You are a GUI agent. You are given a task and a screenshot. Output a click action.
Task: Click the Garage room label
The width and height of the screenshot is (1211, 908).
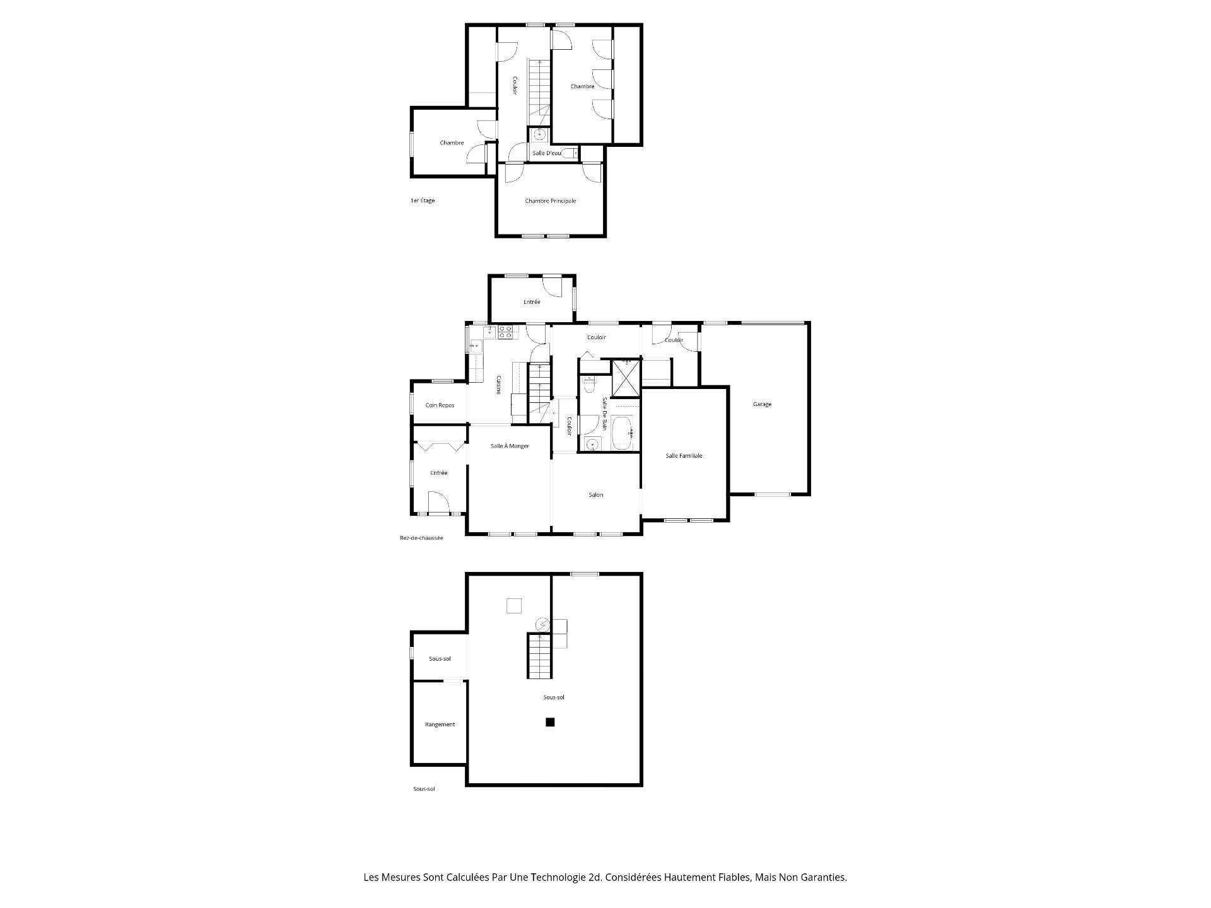pyautogui.click(x=762, y=404)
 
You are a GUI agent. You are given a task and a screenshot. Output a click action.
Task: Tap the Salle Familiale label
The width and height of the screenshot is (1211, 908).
pyautogui.click(x=684, y=455)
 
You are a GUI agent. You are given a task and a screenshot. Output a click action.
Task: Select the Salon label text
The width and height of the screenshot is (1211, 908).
pyautogui.click(x=596, y=495)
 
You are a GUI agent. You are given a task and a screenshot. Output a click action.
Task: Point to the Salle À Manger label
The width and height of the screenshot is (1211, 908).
pyautogui.click(x=510, y=446)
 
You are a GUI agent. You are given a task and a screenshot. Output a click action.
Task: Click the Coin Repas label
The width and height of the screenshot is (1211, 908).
pyautogui.click(x=440, y=405)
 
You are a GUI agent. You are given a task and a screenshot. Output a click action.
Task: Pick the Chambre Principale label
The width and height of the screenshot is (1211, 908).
pyautogui.click(x=551, y=201)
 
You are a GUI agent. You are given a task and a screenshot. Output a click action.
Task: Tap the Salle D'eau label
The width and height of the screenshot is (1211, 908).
pyautogui.click(x=546, y=153)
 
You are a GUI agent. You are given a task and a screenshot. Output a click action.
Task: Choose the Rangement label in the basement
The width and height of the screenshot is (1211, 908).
pyautogui.click(x=440, y=725)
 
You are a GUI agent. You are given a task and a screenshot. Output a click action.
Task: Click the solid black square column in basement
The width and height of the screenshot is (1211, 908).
pyautogui.click(x=550, y=722)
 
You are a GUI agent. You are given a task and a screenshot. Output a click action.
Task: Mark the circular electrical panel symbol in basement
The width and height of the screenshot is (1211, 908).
pyautogui.click(x=542, y=625)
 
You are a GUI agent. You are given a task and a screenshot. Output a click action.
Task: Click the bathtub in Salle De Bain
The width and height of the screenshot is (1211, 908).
pyautogui.click(x=621, y=433)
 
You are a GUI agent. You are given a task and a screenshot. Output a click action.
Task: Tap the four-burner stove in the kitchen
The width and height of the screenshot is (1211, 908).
pyautogui.click(x=505, y=332)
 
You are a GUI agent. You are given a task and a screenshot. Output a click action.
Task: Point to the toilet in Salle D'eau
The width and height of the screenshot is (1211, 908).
pyautogui.click(x=570, y=153)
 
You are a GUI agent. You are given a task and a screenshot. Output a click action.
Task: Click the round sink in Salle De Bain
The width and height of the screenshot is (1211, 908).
pyautogui.click(x=592, y=445)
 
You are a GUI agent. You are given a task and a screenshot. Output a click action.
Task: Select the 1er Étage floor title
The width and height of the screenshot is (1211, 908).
pyautogui.click(x=422, y=201)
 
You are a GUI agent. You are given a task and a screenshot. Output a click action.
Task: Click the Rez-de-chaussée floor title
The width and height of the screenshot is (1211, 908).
pyautogui.click(x=421, y=538)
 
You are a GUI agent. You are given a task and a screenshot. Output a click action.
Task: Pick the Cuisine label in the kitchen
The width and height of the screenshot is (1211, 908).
pyautogui.click(x=498, y=385)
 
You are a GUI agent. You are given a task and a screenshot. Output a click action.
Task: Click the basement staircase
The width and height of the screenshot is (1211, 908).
pyautogui.click(x=540, y=656)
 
